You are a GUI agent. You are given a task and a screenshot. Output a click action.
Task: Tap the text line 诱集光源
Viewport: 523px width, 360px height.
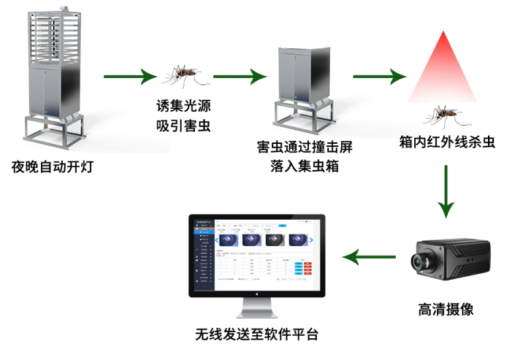point(182,104)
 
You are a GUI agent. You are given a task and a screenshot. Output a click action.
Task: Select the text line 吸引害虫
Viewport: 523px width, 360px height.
point(182,126)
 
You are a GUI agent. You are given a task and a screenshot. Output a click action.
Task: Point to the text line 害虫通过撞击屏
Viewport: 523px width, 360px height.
point(305,147)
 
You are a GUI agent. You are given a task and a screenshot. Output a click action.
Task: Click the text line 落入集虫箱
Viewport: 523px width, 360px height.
point(305,167)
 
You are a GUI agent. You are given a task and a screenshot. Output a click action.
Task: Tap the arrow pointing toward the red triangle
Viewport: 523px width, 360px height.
point(378,75)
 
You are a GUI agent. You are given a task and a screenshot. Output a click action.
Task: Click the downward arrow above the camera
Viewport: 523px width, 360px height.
point(446,191)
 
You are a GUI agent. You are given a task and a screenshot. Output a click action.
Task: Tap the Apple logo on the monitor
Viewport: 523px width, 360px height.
point(257,293)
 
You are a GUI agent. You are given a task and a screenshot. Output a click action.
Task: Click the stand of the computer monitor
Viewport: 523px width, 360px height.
point(257,306)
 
